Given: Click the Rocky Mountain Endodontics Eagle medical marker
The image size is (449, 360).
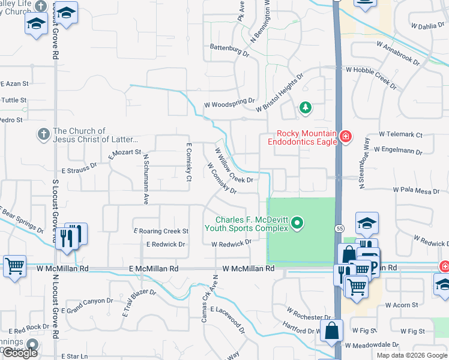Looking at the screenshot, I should pyautogui.click(x=345, y=137).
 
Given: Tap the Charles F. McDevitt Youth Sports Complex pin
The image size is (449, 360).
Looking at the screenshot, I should pyautogui.click(x=297, y=224).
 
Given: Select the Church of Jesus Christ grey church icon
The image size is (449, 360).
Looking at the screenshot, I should pyautogui.click(x=43, y=134).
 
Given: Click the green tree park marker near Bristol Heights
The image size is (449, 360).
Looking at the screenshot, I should pyautogui.click(x=306, y=108).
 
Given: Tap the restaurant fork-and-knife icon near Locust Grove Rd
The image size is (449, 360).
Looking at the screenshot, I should pyautogui.click(x=71, y=236).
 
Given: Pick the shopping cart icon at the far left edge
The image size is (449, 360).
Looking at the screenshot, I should pyautogui.click(x=14, y=265).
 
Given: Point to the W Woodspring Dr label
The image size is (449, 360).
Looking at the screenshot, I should pyautogui.click(x=230, y=102).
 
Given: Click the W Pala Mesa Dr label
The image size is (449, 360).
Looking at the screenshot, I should pyautogui.click(x=417, y=190).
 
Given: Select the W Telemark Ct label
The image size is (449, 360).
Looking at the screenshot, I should pyautogui.click(x=401, y=136).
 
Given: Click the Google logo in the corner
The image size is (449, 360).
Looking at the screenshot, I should pyautogui.click(x=20, y=353).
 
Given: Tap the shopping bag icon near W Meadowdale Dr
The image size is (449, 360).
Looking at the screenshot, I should pyautogui.click(x=331, y=330).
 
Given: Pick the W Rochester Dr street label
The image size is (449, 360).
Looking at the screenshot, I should pyautogui.click(x=309, y=314).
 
